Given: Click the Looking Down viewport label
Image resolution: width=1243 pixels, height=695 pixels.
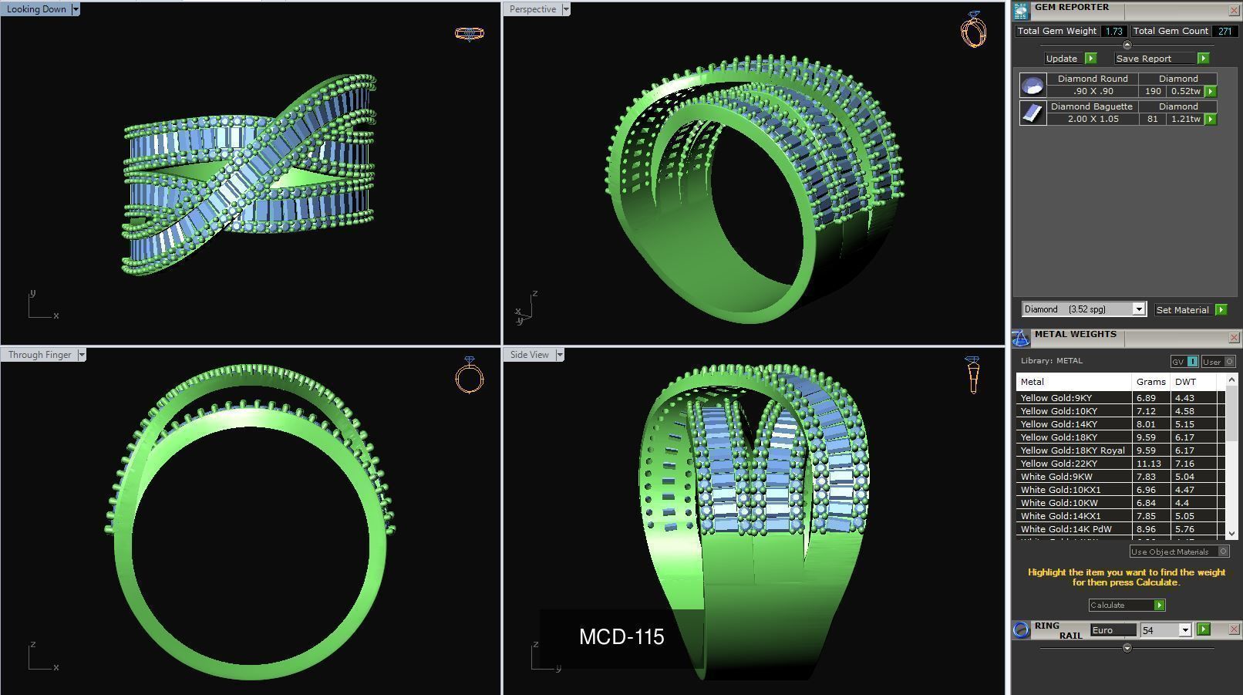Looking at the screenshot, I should pyautogui.click(x=36, y=9).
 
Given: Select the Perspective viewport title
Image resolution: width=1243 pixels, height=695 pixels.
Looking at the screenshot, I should pyautogui.click(x=532, y=9).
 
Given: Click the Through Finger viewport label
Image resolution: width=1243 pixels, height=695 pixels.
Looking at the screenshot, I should pyautogui.click(x=39, y=355).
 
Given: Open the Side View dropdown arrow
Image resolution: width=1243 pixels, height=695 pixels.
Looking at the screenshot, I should pyautogui.click(x=560, y=355).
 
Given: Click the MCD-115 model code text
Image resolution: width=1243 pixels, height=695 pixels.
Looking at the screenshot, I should pyautogui.click(x=621, y=637).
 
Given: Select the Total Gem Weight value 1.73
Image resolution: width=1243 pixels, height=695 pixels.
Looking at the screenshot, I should pyautogui.click(x=1113, y=32).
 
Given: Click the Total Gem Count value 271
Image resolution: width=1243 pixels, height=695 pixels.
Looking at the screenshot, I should pyautogui.click(x=1224, y=32).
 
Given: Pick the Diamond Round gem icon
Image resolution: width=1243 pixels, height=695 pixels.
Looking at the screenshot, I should pyautogui.click(x=1032, y=85).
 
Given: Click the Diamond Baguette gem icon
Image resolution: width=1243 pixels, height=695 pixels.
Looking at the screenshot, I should pyautogui.click(x=1032, y=113).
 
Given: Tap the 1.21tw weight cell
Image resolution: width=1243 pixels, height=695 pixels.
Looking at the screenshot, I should pyautogui.click(x=1185, y=119).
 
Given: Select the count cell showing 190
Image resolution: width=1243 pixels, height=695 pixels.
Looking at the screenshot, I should pyautogui.click(x=1153, y=91).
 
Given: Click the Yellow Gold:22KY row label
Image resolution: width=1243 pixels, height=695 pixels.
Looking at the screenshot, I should pyautogui.click(x=1059, y=464).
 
